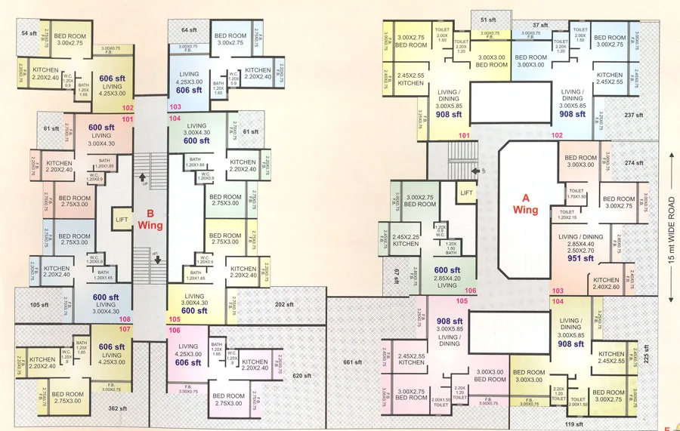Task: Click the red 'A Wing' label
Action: pyautogui.click(x=525, y=204)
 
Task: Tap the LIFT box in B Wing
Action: pyautogui.click(x=122, y=219)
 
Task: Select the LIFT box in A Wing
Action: pyautogui.click(x=466, y=194)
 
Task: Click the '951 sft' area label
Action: pyautogui.click(x=581, y=258)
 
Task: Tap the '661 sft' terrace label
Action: pyautogui.click(x=353, y=362)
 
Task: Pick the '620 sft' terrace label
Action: pyautogui.click(x=301, y=376)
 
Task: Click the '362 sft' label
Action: pyautogui.click(x=117, y=408)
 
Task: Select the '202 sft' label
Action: pyautogui.click(x=285, y=305)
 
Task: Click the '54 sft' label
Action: pyautogui.click(x=29, y=34)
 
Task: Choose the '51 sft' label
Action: pyautogui.click(x=488, y=20)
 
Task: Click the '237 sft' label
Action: pyautogui.click(x=633, y=115)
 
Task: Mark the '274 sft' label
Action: pyautogui.click(x=633, y=163)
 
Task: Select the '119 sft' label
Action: pyautogui.click(x=573, y=424)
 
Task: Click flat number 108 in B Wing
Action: pyautogui.click(x=126, y=319)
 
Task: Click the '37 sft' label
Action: pyautogui.click(x=539, y=25)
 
